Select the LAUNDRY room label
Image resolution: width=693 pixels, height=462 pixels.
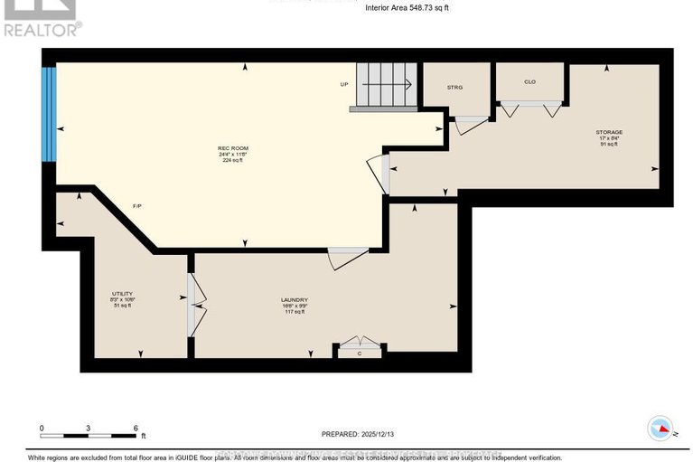[x=295, y=300]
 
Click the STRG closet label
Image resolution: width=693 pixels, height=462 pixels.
[x=454, y=87]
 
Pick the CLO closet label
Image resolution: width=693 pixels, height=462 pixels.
[x=529, y=82]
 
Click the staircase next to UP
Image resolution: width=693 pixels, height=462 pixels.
[x=383, y=87]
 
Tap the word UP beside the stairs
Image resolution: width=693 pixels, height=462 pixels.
[x=344, y=85]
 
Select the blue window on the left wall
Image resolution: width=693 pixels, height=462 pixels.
[x=51, y=114]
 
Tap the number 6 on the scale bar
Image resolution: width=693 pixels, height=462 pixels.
[x=134, y=428]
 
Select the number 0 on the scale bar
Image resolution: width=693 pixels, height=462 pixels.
[x=42, y=428]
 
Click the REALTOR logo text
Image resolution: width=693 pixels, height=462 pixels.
[x=42, y=29]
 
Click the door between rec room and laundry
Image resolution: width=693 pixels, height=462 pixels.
[x=348, y=258]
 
